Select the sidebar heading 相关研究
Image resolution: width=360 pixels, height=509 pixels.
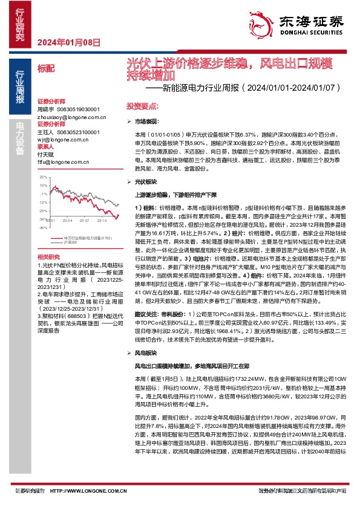click(x=47, y=257)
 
